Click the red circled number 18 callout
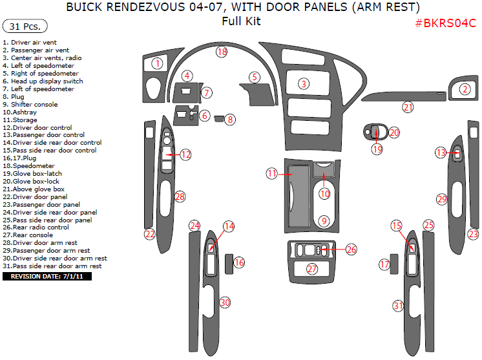[x=222, y=51]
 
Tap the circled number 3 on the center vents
[x=303, y=83]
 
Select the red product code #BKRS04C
[x=445, y=23]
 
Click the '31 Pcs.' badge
[x=25, y=26]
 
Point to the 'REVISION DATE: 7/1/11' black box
[x=48, y=277]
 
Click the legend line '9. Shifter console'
[x=30, y=104]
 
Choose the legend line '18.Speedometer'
[x=28, y=165]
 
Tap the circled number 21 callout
[x=408, y=107]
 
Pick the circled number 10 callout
[x=325, y=193]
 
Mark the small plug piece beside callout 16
[x=229, y=263]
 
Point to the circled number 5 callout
[x=255, y=77]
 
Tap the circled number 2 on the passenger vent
[x=464, y=90]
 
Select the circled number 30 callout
[x=225, y=302]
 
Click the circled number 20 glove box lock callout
[x=394, y=132]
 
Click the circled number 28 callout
[x=180, y=196]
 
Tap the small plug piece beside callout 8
[x=220, y=118]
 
